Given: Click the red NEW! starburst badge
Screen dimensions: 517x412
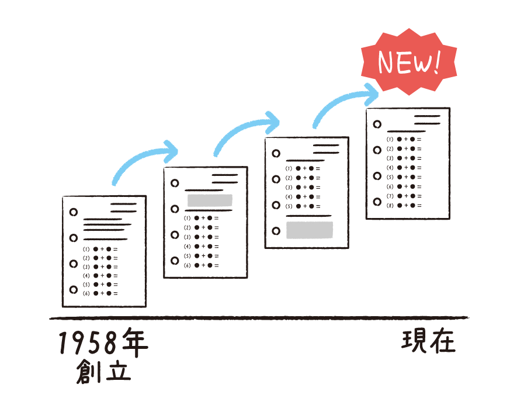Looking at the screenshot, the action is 409,62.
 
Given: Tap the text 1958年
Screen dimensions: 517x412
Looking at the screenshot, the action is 103,342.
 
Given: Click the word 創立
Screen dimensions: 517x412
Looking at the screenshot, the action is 103,372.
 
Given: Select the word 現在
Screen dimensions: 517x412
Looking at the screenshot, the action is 428,341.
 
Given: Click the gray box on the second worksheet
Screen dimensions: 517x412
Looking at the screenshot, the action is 210,200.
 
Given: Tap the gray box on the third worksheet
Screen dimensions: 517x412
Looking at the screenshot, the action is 310,230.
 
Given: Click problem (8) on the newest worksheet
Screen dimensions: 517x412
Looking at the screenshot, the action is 404,206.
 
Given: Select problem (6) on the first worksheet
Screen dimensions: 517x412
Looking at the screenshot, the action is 100,293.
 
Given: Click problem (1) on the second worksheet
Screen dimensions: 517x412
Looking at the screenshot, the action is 201,218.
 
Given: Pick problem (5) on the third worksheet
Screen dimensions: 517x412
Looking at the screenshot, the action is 303,206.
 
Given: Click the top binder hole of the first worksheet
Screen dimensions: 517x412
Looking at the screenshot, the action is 74,212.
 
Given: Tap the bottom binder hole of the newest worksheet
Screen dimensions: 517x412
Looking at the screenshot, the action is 377,202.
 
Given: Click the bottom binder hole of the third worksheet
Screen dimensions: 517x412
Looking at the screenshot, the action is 276,231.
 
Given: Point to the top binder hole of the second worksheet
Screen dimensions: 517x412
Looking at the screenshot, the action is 175,183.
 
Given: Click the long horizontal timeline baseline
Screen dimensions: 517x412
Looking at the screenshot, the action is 259,318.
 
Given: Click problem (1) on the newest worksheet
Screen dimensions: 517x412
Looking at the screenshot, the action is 404,139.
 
